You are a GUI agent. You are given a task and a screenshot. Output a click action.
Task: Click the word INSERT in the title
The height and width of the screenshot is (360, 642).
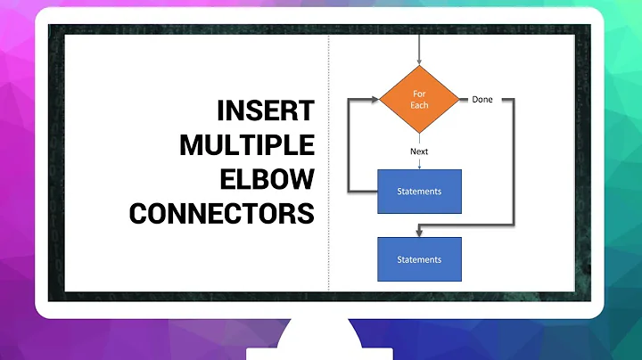pyautogui.click(x=267, y=111)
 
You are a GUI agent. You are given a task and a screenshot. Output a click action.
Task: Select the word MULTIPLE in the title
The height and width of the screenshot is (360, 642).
pyautogui.click(x=247, y=145)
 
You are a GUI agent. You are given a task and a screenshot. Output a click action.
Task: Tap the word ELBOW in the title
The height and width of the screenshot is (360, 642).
pyautogui.click(x=268, y=179)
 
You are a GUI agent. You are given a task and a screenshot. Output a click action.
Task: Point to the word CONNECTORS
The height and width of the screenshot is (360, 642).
pyautogui.click(x=222, y=214)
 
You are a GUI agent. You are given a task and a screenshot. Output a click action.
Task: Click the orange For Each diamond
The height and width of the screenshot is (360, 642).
pyautogui.click(x=419, y=99)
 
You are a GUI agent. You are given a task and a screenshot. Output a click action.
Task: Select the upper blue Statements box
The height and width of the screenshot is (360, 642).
pyautogui.click(x=419, y=192)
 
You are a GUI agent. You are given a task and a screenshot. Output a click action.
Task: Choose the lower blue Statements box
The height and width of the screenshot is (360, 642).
pyautogui.click(x=419, y=259)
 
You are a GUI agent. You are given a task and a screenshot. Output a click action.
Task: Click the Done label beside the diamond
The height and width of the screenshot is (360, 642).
pyautogui.click(x=482, y=99)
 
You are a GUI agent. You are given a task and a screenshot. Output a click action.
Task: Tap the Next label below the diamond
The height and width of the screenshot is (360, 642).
pyautogui.click(x=419, y=151)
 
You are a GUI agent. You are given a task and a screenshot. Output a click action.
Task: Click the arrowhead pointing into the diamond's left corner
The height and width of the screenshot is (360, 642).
pyautogui.click(x=375, y=99)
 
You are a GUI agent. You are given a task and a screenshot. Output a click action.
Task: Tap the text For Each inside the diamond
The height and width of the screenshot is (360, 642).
pyautogui.click(x=419, y=99)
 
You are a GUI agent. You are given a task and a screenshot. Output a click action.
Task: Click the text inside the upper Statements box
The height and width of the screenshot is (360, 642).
pyautogui.click(x=419, y=192)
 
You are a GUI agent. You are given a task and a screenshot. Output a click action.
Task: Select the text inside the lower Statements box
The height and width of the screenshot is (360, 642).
pyautogui.click(x=419, y=259)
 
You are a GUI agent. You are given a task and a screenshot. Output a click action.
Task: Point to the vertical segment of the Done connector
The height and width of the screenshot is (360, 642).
pyautogui.click(x=513, y=160)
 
